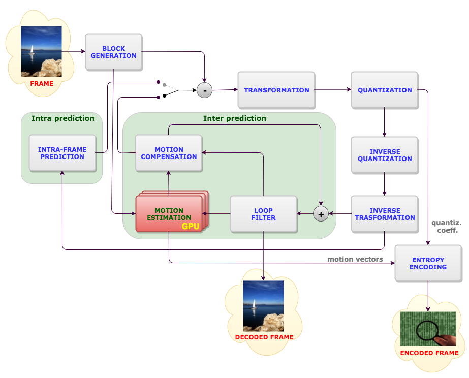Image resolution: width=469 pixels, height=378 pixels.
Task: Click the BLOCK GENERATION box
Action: tap(113, 52)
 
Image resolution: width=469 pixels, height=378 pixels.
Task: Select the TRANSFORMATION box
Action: tap(276, 90)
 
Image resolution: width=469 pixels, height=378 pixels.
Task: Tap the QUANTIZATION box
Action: tap(385, 90)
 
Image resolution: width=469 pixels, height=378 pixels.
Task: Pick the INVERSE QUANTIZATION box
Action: tap(385, 155)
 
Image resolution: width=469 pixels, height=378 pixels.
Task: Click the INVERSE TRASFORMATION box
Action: tap(385, 214)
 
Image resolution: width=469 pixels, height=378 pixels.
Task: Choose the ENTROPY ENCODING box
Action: tap(428, 263)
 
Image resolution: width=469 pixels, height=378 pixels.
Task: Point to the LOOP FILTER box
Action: tap(263, 214)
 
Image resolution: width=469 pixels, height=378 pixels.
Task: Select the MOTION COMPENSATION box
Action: tap(169, 153)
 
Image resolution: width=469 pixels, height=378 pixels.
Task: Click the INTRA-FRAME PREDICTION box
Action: tap(62, 153)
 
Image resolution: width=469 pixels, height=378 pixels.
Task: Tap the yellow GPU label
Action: tap(191, 226)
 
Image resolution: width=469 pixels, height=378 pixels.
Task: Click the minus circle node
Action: tap(204, 90)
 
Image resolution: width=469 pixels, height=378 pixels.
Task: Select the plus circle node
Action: tap(321, 214)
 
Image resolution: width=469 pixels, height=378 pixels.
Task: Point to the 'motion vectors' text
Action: tap(355, 260)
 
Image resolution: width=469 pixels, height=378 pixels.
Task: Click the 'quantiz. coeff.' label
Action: tap(446, 227)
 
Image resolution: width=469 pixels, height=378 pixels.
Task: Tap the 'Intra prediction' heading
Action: tap(63, 118)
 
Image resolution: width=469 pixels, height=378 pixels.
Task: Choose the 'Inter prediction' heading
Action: tap(234, 118)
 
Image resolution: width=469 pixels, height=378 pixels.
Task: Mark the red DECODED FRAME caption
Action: tap(264, 337)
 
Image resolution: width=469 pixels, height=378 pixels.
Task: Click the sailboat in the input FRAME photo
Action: tap(32, 50)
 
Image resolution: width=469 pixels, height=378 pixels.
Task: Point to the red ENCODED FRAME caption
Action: tap(429, 353)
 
